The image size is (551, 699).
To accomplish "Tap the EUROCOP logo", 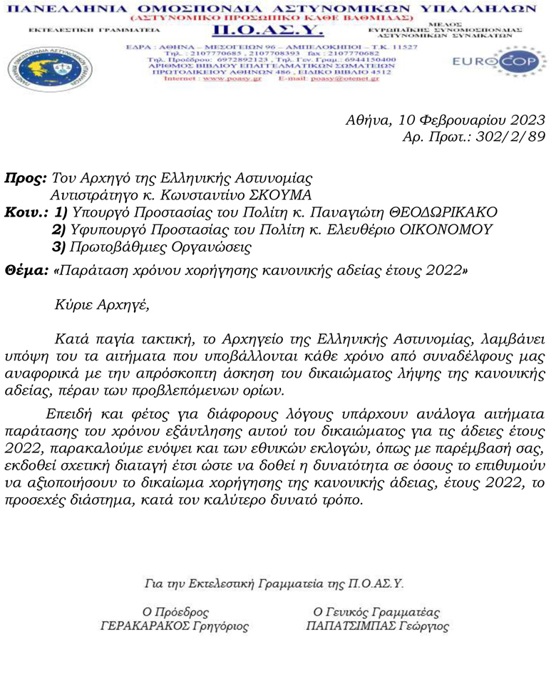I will [489, 63].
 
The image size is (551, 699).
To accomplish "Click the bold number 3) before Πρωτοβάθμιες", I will [61, 247].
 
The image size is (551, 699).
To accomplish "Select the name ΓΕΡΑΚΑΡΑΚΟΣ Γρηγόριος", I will [175, 627].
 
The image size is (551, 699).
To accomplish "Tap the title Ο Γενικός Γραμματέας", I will [377, 611].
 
